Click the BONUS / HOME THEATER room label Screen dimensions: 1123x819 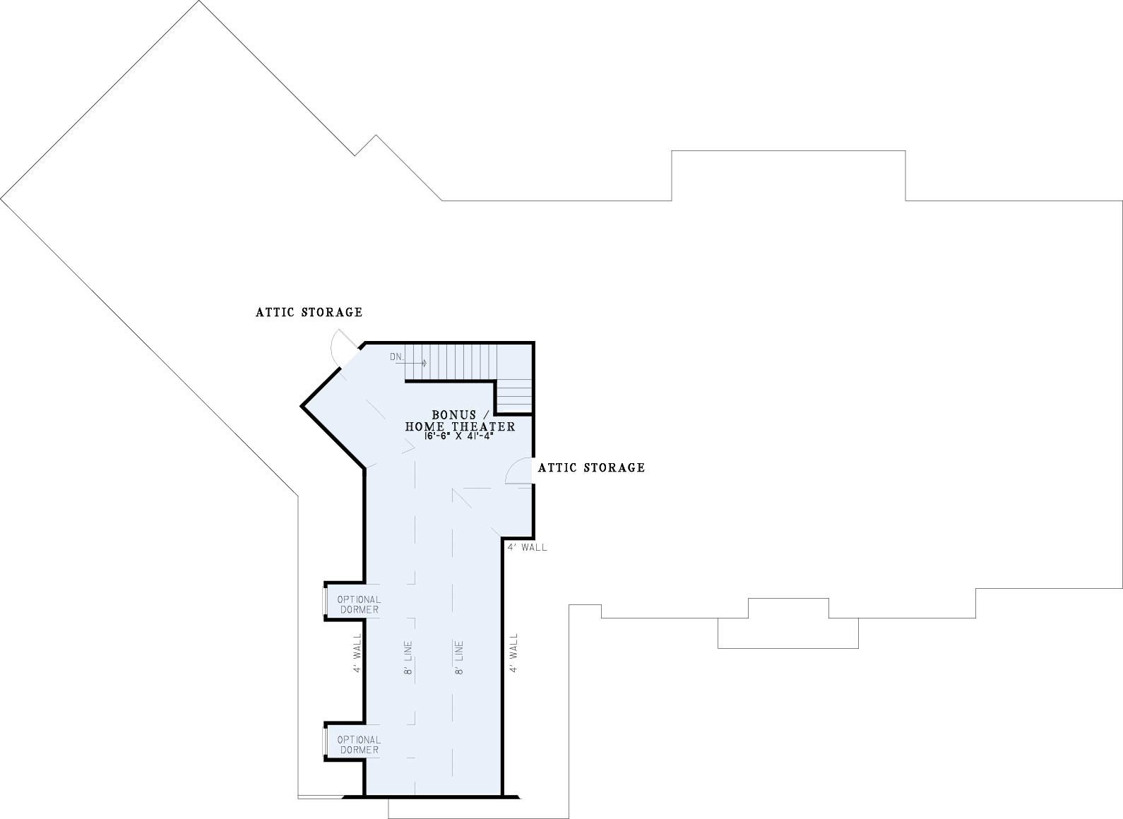[461, 421]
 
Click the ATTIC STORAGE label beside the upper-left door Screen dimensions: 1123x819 [309, 312]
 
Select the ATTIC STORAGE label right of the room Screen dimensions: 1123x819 [592, 467]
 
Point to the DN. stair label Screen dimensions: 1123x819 [396, 357]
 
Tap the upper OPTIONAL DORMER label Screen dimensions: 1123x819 [359, 604]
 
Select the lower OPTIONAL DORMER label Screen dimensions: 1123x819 [359, 745]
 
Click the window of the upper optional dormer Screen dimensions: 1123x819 [325, 602]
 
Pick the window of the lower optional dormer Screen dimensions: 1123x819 [325, 742]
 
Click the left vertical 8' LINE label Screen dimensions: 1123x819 [408, 657]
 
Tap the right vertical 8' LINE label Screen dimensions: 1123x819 [459, 657]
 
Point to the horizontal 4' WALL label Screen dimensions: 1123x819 [528, 547]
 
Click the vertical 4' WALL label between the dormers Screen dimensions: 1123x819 [357, 653]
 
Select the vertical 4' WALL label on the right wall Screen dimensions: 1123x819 [513, 653]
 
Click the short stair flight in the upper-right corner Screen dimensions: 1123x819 [514, 396]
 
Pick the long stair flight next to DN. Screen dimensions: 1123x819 [450, 362]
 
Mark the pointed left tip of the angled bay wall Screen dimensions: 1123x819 [302, 406]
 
